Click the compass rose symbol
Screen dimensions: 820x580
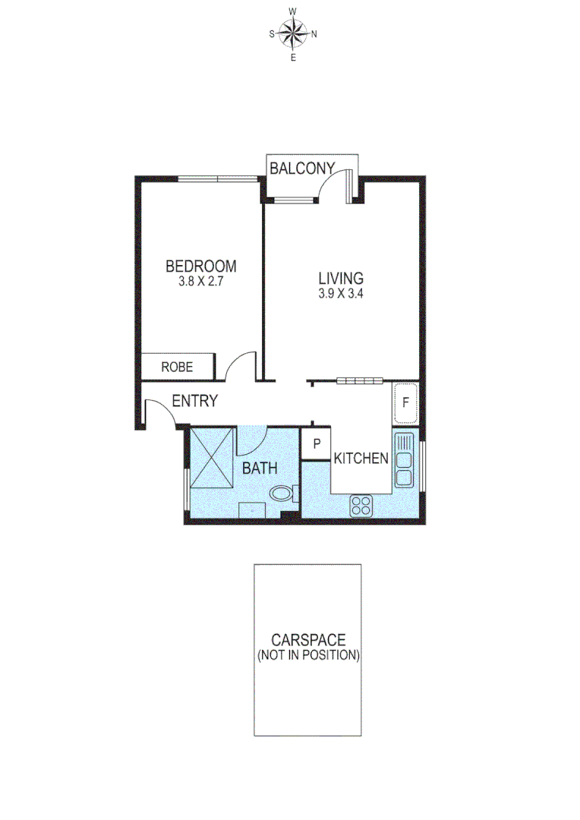tap(293, 33)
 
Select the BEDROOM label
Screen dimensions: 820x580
tap(200, 266)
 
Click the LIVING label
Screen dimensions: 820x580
tap(341, 279)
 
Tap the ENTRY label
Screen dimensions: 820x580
tap(195, 402)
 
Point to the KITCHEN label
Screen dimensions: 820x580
tap(362, 459)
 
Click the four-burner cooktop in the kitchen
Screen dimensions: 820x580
tap(362, 506)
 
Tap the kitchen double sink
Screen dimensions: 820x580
tap(403, 460)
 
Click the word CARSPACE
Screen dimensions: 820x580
tap(307, 641)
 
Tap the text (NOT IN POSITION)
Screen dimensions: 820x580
tap(307, 654)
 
